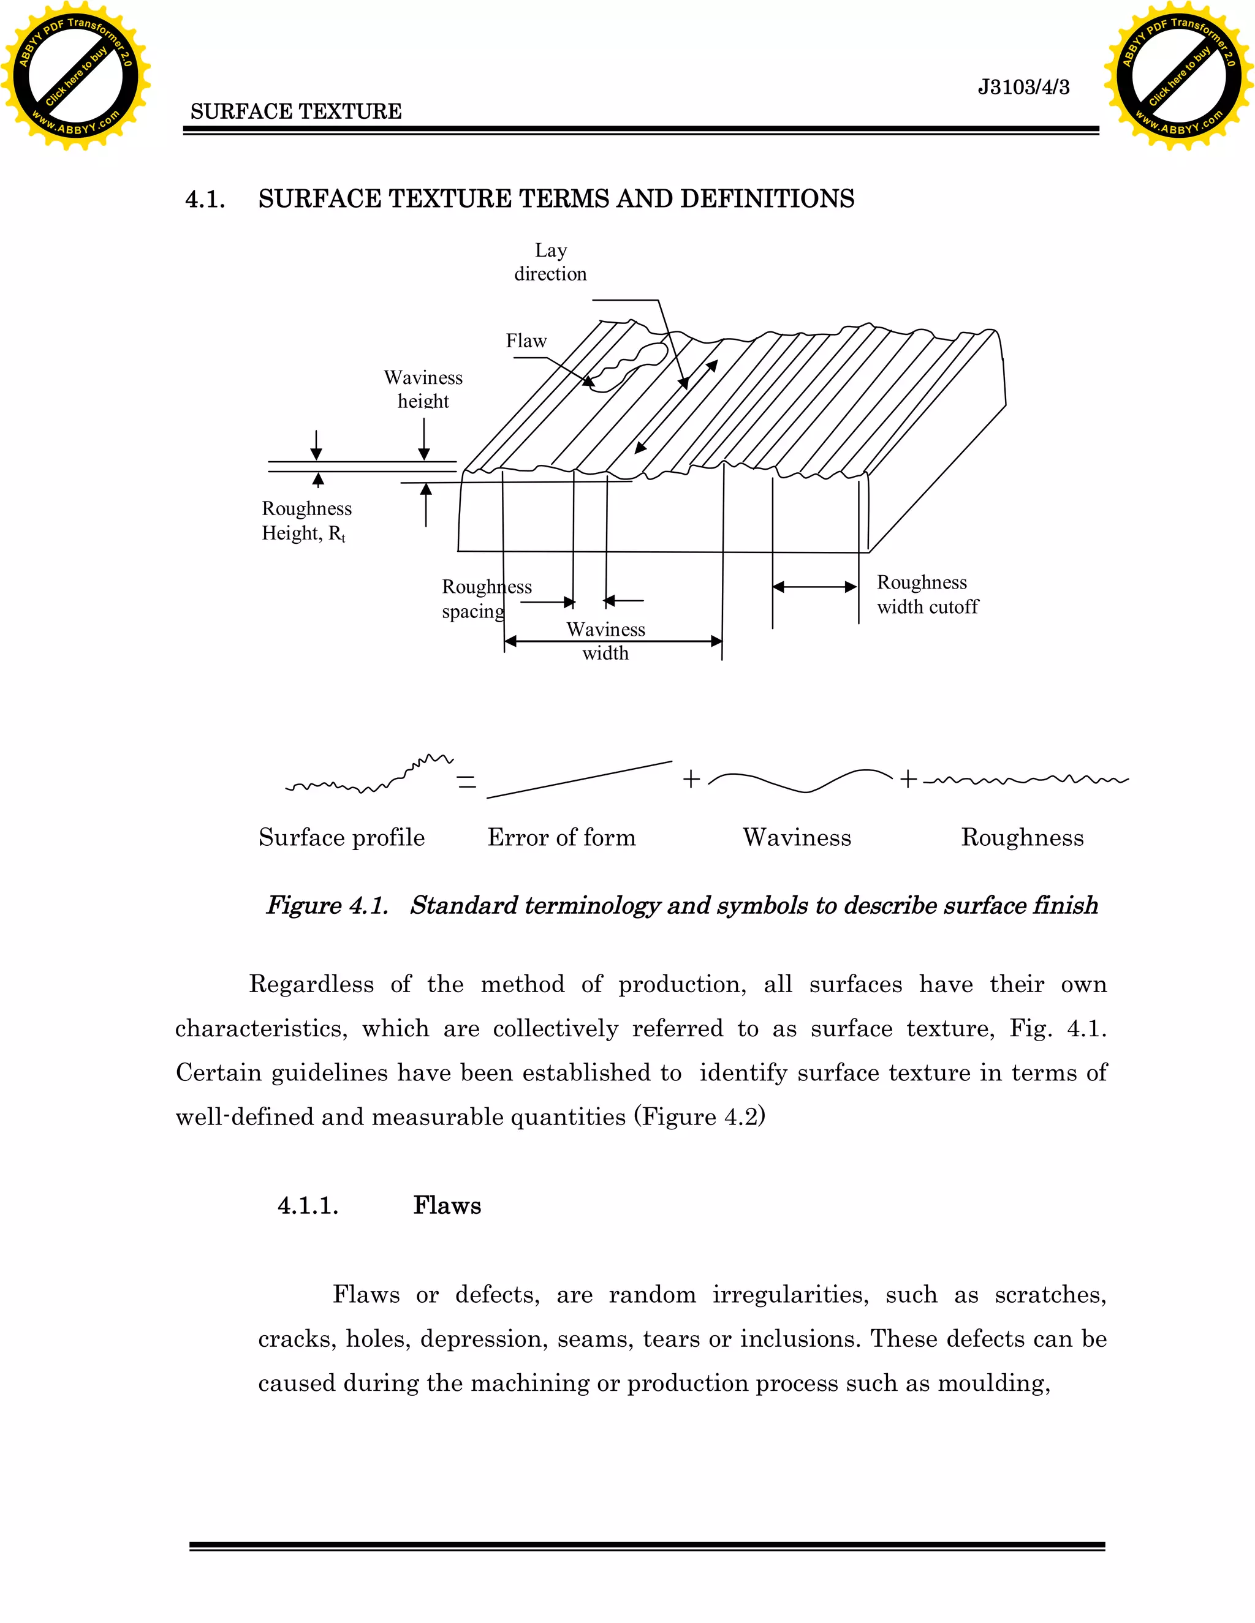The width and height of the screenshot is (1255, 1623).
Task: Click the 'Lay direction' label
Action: pos(550,262)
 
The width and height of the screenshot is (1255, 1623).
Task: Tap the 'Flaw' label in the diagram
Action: pos(526,341)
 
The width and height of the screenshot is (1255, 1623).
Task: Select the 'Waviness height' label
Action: pos(423,390)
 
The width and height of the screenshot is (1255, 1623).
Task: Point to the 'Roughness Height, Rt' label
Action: pos(306,521)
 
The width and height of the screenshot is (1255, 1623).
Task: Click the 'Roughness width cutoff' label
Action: pos(927,595)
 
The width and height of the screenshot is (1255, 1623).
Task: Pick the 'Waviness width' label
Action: pos(605,641)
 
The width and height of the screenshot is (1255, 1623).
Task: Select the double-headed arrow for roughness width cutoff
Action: pos(815,587)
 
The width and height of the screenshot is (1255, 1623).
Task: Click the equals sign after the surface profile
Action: pos(466,781)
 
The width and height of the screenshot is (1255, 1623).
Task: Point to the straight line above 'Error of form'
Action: pos(579,780)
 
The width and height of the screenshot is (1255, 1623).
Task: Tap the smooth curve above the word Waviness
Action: pos(799,781)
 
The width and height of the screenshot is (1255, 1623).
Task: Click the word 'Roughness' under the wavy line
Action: pos(1022,837)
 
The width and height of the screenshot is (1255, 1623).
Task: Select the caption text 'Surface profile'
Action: pos(342,837)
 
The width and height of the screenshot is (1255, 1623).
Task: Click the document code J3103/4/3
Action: pos(1023,88)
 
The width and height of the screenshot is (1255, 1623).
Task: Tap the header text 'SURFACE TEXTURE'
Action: pos(296,111)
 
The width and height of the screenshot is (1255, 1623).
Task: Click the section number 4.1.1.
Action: pos(308,1205)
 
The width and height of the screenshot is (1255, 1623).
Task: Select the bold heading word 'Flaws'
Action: pos(447,1205)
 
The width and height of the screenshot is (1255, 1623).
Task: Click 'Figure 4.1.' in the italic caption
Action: pos(327,905)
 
